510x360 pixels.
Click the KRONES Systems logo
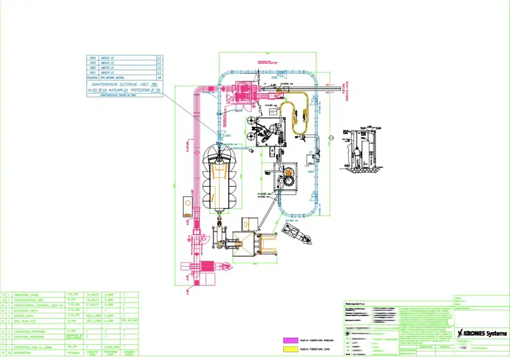(483, 333)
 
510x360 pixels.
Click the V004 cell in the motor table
(93, 58)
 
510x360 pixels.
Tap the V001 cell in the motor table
(93, 73)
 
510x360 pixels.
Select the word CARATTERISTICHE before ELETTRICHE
(102, 85)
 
